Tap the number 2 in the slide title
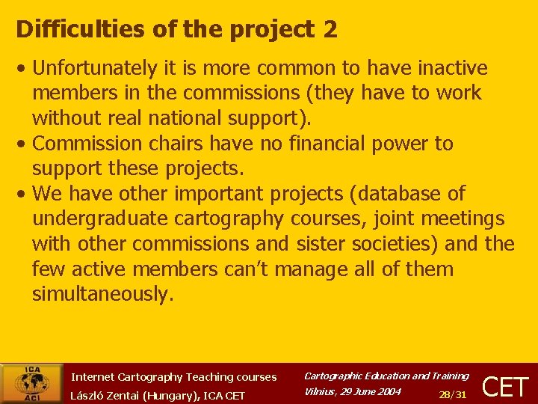(x=330, y=29)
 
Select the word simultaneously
(x=102, y=294)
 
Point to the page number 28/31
(x=453, y=394)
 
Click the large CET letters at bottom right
(x=506, y=387)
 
